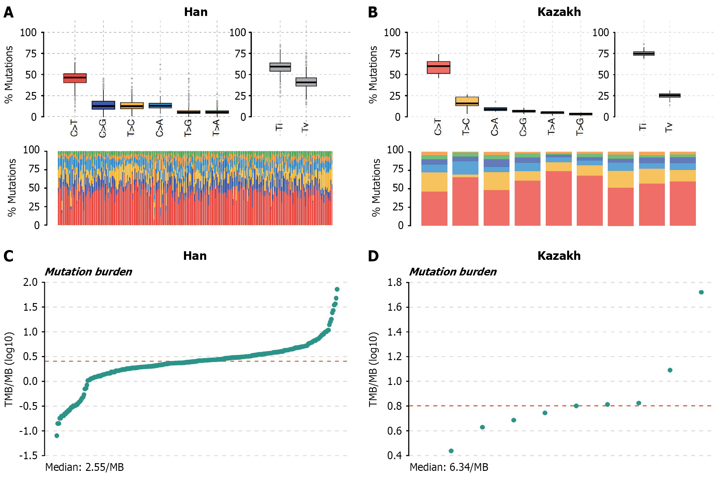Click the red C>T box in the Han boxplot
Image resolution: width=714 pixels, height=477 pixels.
click(75, 78)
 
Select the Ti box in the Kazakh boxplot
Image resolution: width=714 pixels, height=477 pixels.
click(644, 53)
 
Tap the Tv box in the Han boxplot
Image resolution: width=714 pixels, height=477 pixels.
click(306, 82)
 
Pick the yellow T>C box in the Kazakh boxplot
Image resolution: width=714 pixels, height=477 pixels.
click(467, 101)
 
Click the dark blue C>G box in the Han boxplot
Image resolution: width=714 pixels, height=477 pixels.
click(103, 105)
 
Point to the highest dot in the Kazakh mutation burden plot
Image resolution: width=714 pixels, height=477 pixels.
click(701, 292)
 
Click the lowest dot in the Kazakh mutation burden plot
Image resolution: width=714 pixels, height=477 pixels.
click(451, 451)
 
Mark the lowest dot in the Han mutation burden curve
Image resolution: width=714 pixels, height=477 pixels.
click(57, 436)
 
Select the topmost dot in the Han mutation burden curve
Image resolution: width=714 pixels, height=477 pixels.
click(337, 289)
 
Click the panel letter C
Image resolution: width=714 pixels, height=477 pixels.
click(8, 256)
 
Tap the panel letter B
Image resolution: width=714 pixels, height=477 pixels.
click(373, 13)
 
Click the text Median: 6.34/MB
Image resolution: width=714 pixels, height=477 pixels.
click(449, 467)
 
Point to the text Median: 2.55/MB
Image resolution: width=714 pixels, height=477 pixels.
click(84, 467)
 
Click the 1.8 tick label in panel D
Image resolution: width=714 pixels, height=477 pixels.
click(394, 282)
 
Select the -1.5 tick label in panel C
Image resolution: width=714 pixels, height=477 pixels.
click(28, 456)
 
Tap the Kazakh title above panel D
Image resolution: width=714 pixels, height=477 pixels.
click(559, 256)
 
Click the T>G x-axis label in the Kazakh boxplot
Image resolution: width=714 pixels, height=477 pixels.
click(579, 127)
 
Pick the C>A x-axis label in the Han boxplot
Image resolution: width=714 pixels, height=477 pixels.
click(160, 128)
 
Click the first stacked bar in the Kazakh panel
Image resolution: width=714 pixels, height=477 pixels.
click(434, 189)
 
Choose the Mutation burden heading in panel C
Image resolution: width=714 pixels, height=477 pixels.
click(88, 272)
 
